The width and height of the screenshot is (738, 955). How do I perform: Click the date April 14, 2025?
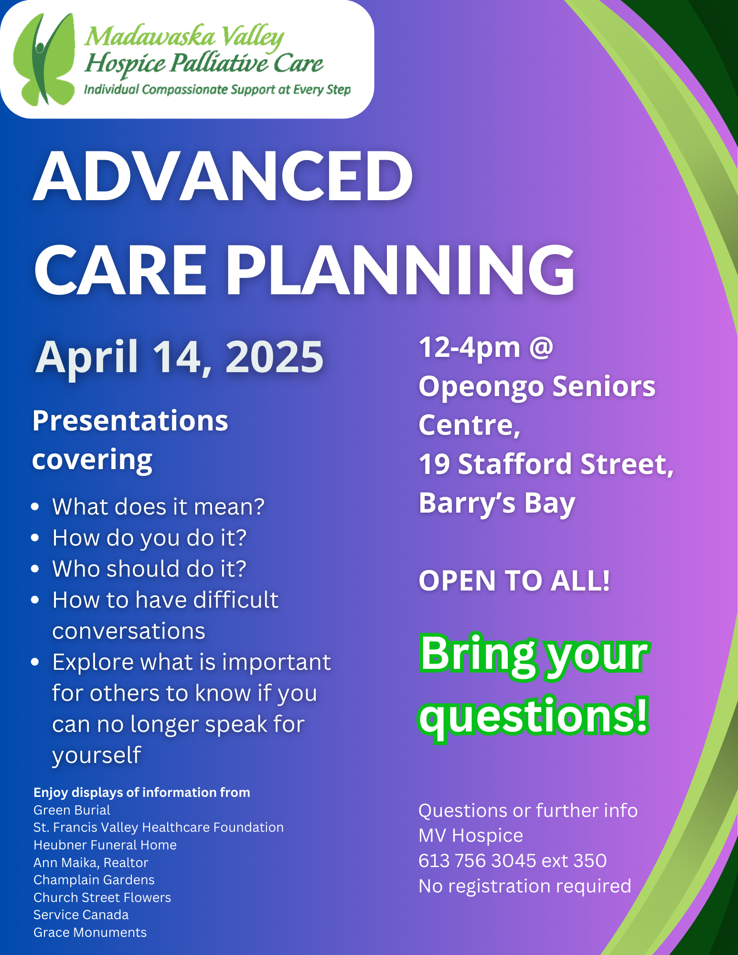(x=180, y=357)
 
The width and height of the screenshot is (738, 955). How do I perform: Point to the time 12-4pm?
(x=469, y=347)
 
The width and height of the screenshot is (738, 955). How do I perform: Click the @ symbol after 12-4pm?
(x=541, y=347)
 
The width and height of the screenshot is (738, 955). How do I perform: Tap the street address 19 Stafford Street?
(x=545, y=464)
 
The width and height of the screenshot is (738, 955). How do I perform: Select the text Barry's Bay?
(x=497, y=503)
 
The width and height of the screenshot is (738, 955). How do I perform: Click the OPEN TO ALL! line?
(x=514, y=581)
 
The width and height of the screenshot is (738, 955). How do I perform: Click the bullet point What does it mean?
(x=158, y=506)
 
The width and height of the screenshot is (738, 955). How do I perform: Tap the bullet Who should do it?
(x=149, y=569)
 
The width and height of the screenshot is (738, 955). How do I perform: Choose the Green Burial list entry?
(x=72, y=810)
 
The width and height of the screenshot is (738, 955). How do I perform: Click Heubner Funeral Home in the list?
(x=105, y=845)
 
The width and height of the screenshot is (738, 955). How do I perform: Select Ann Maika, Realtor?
(x=91, y=862)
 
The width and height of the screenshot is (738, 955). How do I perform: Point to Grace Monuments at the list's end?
(x=90, y=933)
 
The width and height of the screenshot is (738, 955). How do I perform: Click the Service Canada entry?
(x=81, y=915)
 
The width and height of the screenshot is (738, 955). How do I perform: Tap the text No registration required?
(x=524, y=886)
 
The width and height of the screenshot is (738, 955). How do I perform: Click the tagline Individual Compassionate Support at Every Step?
(x=217, y=90)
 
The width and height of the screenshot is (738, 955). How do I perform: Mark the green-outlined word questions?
(x=534, y=716)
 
